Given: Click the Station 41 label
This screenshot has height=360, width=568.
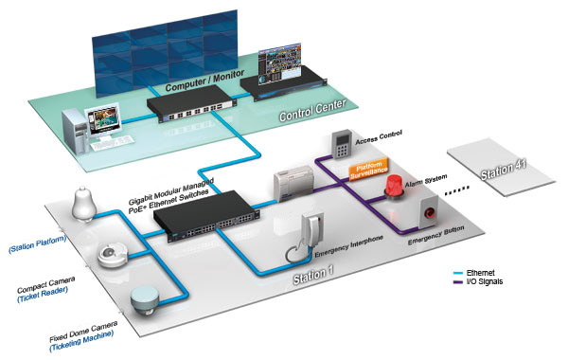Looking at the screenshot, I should (505, 168).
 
